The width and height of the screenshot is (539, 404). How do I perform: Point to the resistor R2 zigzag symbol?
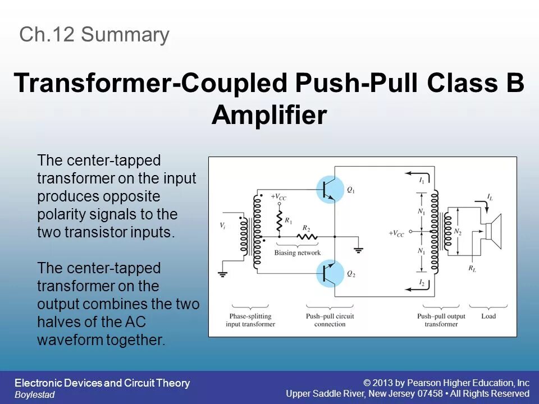point(306,237)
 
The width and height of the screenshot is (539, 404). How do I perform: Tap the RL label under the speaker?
point(472,268)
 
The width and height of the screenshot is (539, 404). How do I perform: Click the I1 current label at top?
point(422,181)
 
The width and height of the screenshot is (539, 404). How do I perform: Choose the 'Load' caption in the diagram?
point(488,316)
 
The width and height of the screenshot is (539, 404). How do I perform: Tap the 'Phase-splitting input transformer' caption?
point(250,320)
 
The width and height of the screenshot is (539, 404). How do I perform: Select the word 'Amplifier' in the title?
point(269,116)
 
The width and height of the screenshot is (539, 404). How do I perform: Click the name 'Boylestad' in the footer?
point(34,394)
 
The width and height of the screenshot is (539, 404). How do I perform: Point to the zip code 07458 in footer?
point(430,393)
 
